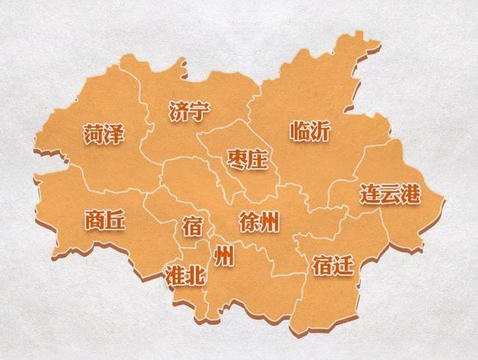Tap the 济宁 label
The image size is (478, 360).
[x=189, y=111]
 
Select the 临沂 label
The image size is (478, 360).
[x=310, y=132]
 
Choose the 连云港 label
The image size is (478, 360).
[x=390, y=194]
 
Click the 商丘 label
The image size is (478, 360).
[x=105, y=219]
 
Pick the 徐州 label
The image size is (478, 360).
[x=260, y=221]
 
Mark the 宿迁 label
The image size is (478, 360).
[x=332, y=264]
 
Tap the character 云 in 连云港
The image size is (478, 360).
[x=390, y=194]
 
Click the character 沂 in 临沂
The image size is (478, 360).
[x=321, y=132]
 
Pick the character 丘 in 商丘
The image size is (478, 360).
[x=116, y=219]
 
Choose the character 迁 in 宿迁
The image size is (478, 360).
[x=343, y=264]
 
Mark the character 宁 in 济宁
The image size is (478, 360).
[x=199, y=111]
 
